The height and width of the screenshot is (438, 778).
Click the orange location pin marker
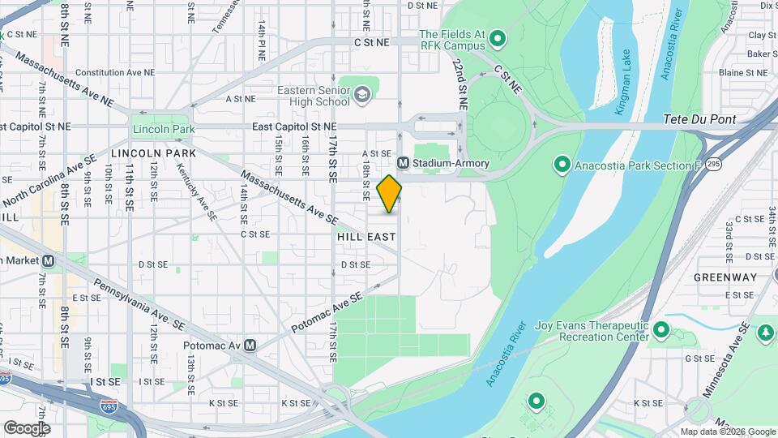(390, 194)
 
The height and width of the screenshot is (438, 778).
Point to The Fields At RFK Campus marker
(498, 37)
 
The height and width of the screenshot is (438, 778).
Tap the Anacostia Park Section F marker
(561, 165)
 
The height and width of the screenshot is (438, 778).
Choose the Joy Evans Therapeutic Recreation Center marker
(661, 330)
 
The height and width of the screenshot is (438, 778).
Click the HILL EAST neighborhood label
(367, 237)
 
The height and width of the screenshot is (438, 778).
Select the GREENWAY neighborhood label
(725, 277)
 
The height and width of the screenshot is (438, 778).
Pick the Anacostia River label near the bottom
(509, 354)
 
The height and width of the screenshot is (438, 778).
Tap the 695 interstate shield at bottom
(106, 404)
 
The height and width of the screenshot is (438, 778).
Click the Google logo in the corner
(27, 427)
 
